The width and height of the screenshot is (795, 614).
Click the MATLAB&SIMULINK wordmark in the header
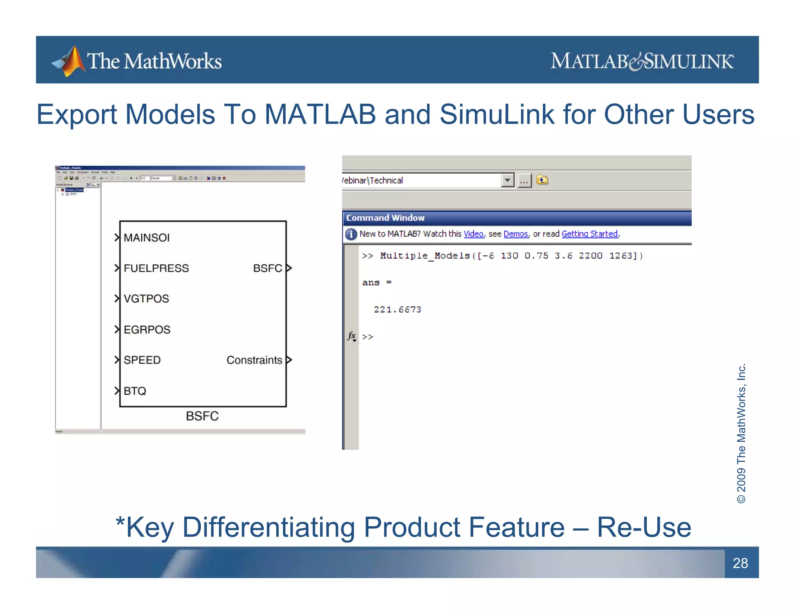tap(642, 61)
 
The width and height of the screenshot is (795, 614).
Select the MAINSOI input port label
tap(146, 238)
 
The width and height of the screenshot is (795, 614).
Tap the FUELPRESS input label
tap(156, 268)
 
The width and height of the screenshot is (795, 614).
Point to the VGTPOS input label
tap(146, 298)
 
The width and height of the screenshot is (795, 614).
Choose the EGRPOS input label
tap(147, 330)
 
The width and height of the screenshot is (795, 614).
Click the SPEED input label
tap(142, 360)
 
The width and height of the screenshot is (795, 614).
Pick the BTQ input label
tap(135, 391)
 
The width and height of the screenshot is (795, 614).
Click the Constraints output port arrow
tap(289, 360)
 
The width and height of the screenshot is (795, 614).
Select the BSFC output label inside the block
tap(267, 268)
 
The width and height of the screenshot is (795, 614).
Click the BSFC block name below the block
tap(202, 416)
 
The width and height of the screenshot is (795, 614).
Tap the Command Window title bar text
tap(385, 218)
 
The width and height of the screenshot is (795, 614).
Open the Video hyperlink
tap(473, 234)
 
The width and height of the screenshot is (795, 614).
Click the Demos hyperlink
tap(516, 234)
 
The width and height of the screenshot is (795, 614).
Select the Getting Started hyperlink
tap(589, 234)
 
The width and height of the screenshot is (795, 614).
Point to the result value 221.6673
tap(397, 310)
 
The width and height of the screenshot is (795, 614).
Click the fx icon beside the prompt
tap(352, 336)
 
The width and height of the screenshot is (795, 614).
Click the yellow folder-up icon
tap(542, 180)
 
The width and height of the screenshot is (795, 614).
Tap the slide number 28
tap(740, 563)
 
